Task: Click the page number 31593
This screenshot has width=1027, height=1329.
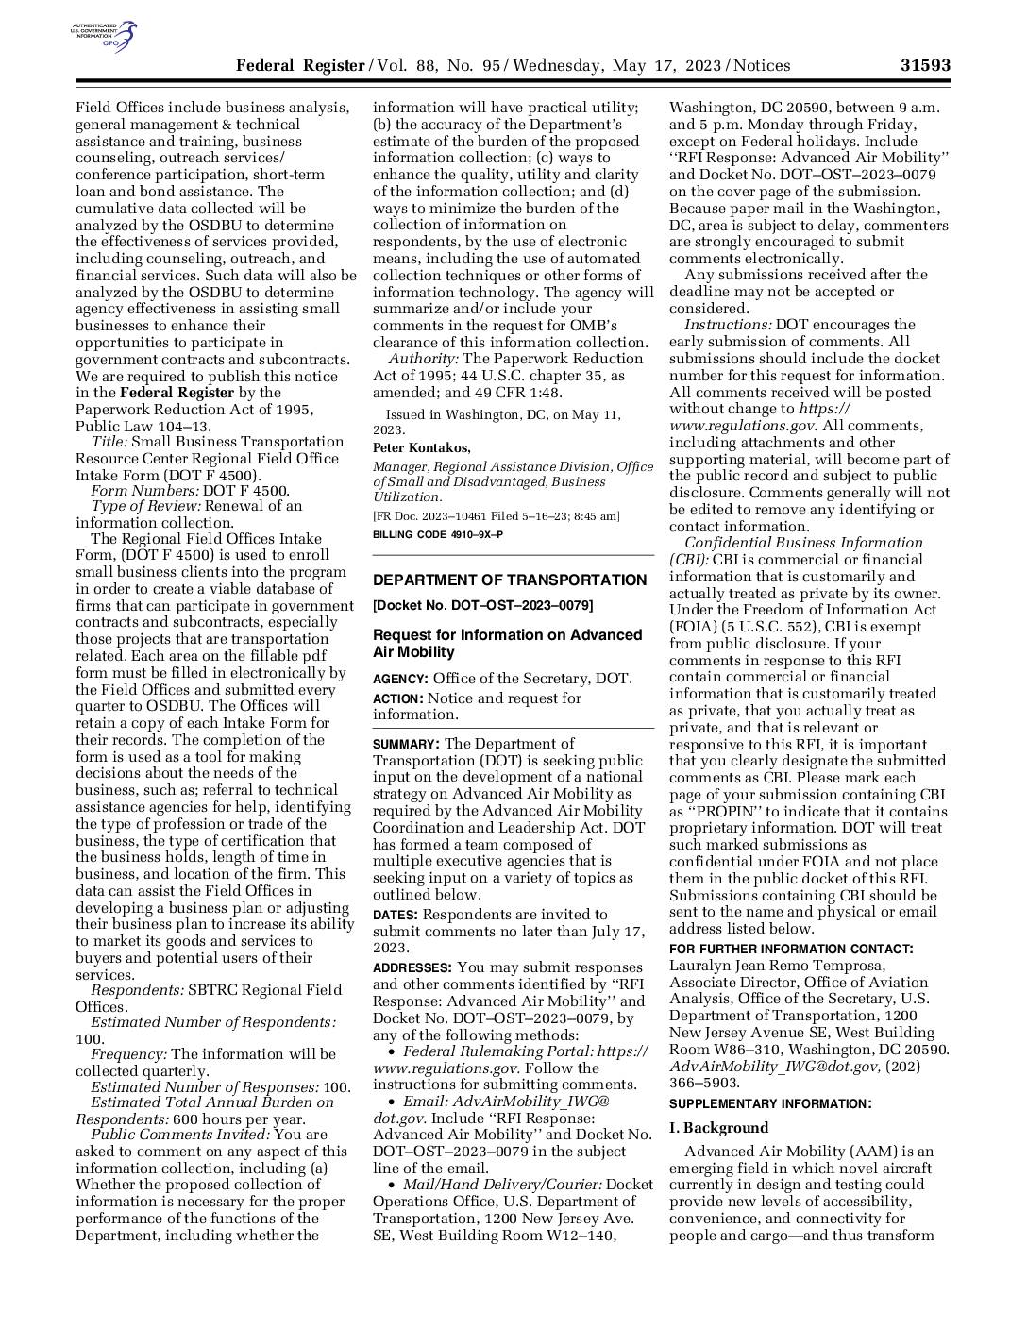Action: (x=924, y=65)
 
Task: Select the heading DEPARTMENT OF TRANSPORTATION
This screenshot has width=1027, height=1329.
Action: (x=510, y=580)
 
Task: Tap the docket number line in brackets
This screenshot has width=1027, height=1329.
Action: (x=482, y=605)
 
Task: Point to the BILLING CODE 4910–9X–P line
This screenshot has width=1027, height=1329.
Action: (x=438, y=534)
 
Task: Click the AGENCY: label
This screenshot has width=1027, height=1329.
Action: (x=400, y=679)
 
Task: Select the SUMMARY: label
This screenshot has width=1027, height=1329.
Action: (x=406, y=744)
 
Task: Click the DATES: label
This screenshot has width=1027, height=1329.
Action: (x=396, y=915)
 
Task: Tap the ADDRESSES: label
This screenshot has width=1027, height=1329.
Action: (x=412, y=968)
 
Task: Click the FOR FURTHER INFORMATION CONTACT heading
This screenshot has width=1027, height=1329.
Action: (x=791, y=949)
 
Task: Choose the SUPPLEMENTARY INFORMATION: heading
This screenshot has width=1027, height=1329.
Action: (x=770, y=1103)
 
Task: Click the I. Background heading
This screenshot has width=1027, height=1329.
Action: (x=718, y=1128)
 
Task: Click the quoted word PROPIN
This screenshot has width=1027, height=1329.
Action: (x=725, y=811)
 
